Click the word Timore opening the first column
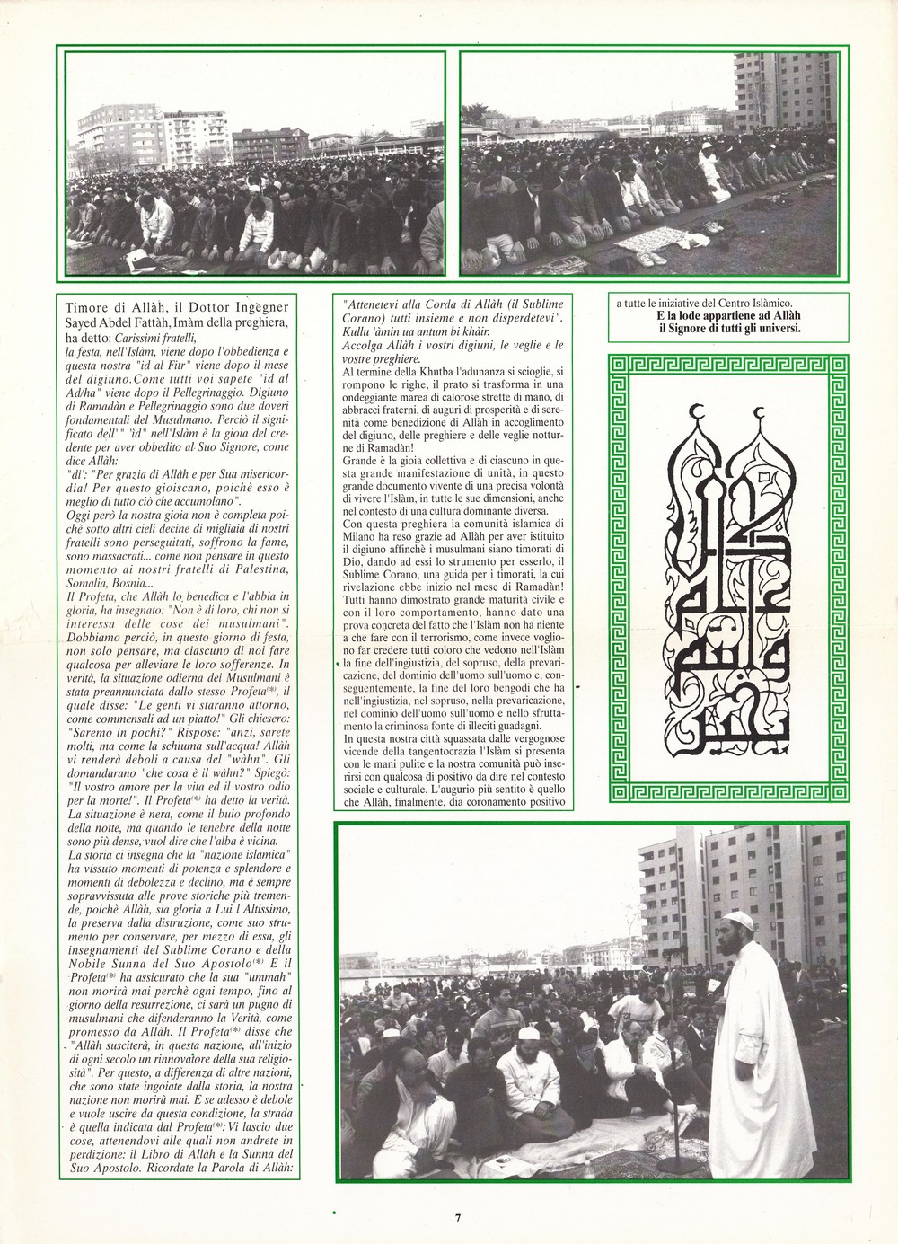click(x=83, y=306)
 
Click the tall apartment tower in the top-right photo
click(x=791, y=99)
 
